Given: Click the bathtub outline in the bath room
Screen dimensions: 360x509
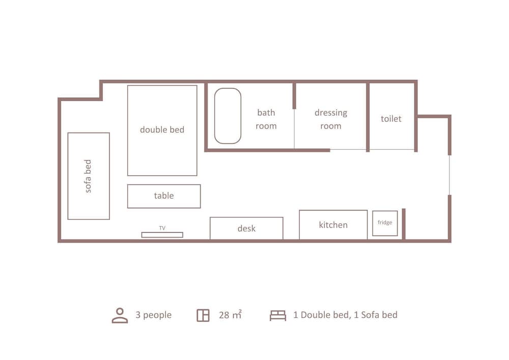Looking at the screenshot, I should click(228, 116).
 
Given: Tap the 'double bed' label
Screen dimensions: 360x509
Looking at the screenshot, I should click(162, 130).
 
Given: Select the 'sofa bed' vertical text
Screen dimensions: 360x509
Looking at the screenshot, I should click(88, 176).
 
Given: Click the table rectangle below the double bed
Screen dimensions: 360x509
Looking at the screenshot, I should click(164, 196).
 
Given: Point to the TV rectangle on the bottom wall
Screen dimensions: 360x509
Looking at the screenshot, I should click(162, 235).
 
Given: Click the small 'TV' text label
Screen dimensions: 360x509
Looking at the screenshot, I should click(162, 228).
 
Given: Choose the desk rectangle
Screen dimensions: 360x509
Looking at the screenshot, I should click(246, 229).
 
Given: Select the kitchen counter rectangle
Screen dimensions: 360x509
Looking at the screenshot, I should click(333, 225).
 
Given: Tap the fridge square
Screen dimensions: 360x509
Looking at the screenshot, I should click(385, 223).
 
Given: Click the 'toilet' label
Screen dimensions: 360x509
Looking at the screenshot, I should click(391, 119).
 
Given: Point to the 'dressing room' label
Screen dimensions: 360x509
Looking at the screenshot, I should click(331, 119).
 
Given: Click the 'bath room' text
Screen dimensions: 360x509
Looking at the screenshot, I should click(266, 119).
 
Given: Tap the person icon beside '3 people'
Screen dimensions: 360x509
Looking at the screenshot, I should click(120, 315).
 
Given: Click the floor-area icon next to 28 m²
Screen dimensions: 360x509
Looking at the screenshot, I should click(203, 315).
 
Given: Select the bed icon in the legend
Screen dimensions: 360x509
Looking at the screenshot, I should click(277, 315).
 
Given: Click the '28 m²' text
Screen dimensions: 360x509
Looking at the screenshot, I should click(230, 315).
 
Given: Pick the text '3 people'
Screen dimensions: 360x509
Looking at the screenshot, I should click(153, 315).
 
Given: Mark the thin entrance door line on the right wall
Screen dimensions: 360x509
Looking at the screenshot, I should click(449, 175).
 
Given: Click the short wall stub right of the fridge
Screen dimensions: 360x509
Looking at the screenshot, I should click(404, 224).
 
